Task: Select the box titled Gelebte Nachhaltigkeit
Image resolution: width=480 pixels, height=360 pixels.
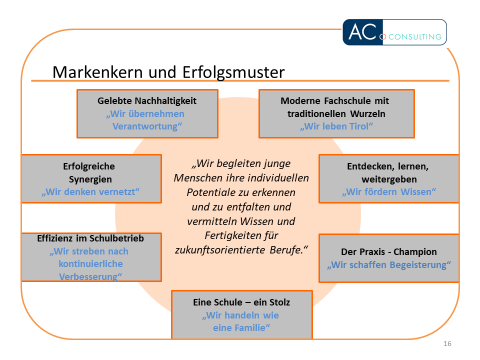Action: (146, 113)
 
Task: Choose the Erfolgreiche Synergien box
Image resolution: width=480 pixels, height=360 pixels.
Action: (80, 176)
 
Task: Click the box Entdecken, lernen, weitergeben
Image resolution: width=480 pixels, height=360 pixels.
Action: (385, 176)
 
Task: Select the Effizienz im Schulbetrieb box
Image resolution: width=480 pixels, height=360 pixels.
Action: (80, 258)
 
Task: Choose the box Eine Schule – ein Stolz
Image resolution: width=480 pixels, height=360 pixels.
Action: (240, 312)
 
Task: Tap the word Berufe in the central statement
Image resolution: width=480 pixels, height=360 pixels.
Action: (285, 247)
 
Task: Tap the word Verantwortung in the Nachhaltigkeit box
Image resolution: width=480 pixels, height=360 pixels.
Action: (146, 127)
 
